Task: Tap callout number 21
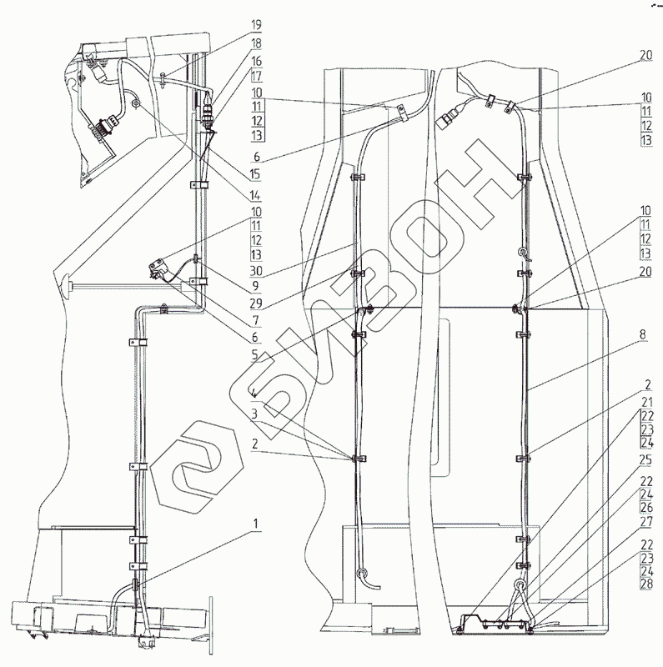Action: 646,403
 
